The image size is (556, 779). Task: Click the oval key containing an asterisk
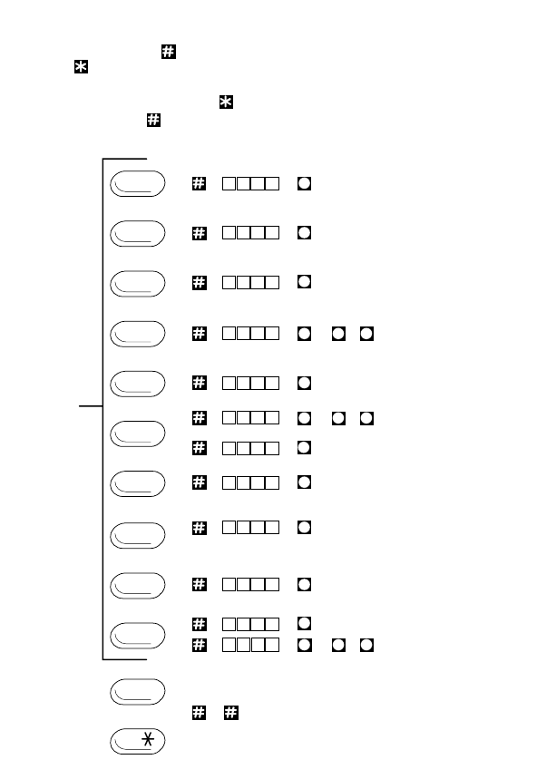pyautogui.click(x=138, y=742)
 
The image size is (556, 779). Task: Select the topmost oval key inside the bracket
pyautogui.click(x=138, y=183)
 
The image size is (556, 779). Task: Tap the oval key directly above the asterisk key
pyautogui.click(x=138, y=691)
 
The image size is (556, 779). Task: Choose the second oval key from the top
pyautogui.click(x=138, y=233)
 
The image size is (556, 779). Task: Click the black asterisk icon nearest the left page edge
pyautogui.click(x=81, y=69)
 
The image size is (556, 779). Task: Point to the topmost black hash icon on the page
pyautogui.click(x=168, y=52)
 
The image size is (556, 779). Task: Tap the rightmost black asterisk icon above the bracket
pyautogui.click(x=226, y=103)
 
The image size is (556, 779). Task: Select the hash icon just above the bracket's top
pyautogui.click(x=153, y=121)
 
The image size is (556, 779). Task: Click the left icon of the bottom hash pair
pyautogui.click(x=199, y=714)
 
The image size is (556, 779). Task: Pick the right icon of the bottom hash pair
pyautogui.click(x=231, y=714)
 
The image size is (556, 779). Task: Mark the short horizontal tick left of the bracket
pyautogui.click(x=91, y=406)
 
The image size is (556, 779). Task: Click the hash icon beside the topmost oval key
pyautogui.click(x=199, y=183)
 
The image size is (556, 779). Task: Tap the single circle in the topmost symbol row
pyautogui.click(x=305, y=183)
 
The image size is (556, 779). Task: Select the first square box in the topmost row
pyautogui.click(x=229, y=183)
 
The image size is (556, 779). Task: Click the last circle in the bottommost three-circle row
pyautogui.click(x=366, y=645)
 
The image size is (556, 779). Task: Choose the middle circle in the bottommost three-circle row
pyautogui.click(x=337, y=645)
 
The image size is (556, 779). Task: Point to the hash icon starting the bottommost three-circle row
pyautogui.click(x=199, y=645)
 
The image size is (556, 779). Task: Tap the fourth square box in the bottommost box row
pyautogui.click(x=273, y=645)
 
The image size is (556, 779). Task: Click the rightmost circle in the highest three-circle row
pyautogui.click(x=366, y=335)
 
